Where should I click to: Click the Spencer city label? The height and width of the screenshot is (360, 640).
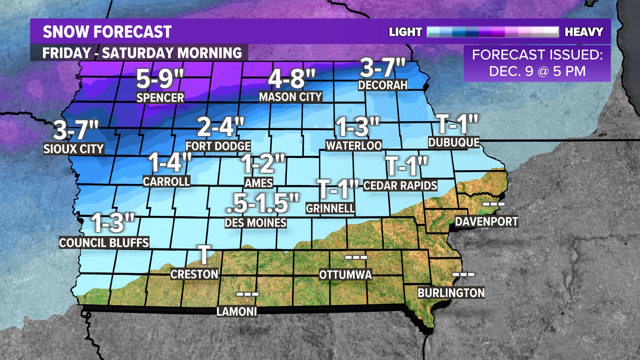(x=160, y=98)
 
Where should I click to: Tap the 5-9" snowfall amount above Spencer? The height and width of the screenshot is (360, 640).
(x=160, y=79)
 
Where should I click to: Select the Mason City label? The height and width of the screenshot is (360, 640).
(x=290, y=97)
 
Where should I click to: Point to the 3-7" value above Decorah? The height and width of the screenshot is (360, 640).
(x=382, y=68)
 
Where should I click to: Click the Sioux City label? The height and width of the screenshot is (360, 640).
(x=74, y=149)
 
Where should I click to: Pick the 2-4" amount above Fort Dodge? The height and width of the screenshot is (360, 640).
(x=220, y=127)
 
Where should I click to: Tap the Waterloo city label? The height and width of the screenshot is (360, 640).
(x=354, y=146)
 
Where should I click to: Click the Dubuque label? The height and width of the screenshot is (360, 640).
(x=454, y=142)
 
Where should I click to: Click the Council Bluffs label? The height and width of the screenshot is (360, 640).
(x=104, y=243)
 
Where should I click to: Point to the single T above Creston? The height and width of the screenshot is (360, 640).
(x=204, y=255)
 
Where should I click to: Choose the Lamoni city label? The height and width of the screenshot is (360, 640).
(x=237, y=312)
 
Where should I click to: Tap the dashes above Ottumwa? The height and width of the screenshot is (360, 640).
(x=356, y=257)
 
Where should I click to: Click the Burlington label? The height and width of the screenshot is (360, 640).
(x=451, y=293)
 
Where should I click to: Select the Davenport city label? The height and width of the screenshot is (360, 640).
(x=486, y=222)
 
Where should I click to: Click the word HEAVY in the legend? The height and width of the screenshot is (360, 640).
(x=584, y=32)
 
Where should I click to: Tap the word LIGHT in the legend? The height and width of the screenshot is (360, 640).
(x=405, y=32)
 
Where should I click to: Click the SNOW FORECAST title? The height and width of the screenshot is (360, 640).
(x=107, y=32)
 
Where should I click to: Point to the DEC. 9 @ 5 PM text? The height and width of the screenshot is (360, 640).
(x=537, y=71)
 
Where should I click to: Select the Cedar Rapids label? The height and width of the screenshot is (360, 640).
(x=400, y=186)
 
